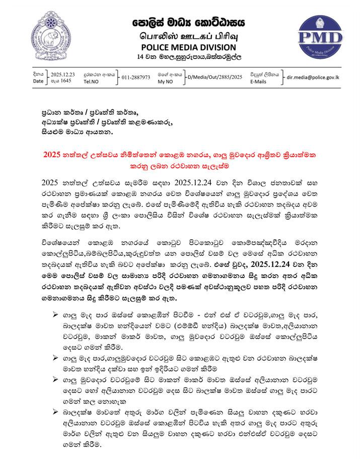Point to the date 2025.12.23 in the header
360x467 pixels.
(62, 74)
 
